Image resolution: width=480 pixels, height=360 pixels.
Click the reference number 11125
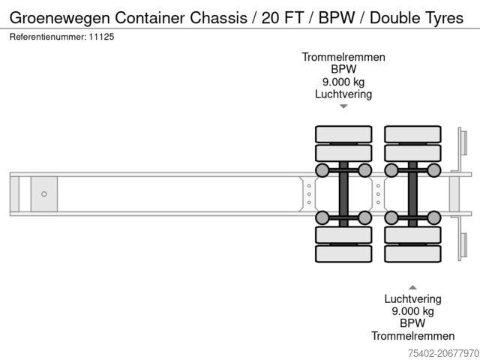[102, 36]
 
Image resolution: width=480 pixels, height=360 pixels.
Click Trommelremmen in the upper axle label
[343, 57]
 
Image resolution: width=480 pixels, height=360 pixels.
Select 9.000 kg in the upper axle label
[343, 82]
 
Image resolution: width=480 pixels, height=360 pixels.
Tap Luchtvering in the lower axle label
[412, 298]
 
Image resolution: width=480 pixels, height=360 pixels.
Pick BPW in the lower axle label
[412, 323]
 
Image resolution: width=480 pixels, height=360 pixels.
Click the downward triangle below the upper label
[343, 106]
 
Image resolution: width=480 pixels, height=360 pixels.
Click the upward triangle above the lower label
[412, 286]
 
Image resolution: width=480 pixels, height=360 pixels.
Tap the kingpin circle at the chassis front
[44, 194]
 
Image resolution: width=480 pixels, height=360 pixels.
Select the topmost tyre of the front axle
[343, 134]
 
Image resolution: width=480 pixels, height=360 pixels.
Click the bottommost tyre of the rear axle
[412, 253]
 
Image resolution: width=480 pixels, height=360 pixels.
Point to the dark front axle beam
[343, 193]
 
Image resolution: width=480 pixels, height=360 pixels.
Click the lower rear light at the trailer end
[463, 246]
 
